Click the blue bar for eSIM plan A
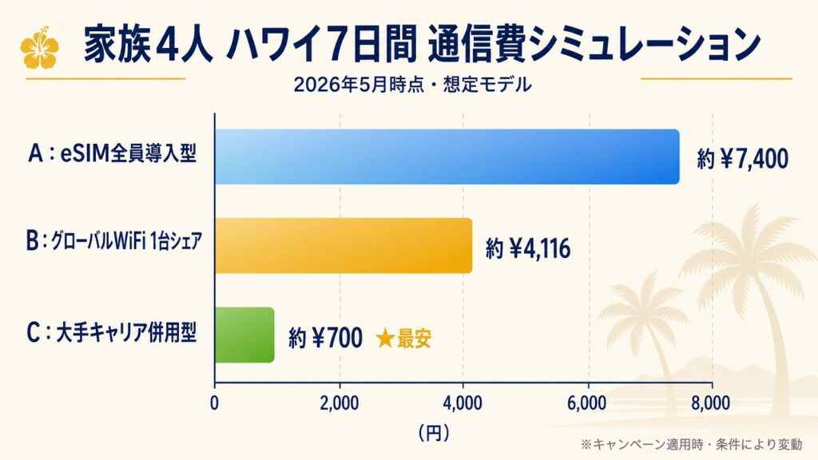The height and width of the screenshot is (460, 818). (447, 157)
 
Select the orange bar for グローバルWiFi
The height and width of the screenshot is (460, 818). (343, 246)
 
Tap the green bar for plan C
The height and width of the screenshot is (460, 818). (244, 335)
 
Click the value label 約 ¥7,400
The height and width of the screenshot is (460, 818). (742, 159)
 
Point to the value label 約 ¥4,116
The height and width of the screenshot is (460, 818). (528, 248)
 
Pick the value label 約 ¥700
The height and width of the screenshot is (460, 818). (326, 338)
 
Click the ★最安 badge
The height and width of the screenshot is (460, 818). (403, 339)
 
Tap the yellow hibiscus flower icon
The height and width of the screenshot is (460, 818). (39, 47)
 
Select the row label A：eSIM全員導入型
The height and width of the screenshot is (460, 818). (113, 153)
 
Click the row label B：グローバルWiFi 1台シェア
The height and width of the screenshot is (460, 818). (113, 241)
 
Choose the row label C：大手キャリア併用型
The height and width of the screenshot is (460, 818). (112, 332)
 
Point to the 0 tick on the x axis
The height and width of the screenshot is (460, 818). (214, 403)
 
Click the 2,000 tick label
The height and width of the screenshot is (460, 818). (339, 403)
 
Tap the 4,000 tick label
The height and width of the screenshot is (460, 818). (463, 403)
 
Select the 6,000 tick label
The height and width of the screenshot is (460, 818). (588, 403)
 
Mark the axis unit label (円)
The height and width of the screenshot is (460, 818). (434, 432)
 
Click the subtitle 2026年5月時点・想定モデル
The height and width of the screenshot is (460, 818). (413, 85)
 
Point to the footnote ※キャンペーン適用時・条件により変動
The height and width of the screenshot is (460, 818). (691, 444)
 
